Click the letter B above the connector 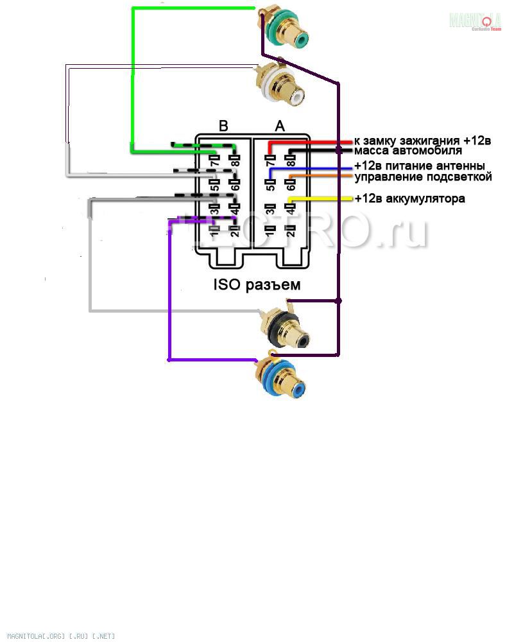pyautogui.click(x=223, y=126)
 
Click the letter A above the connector pyautogui.click(x=280, y=126)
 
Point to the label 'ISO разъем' pyautogui.click(x=257, y=284)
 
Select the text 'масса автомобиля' pyautogui.click(x=408, y=151)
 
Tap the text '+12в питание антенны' pyautogui.click(x=419, y=166)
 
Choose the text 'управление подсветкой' pyautogui.click(x=423, y=177)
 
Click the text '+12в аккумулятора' pyautogui.click(x=409, y=198)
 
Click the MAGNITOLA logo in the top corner pyautogui.click(x=475, y=21)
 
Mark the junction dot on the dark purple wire pyautogui.click(x=339, y=300)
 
